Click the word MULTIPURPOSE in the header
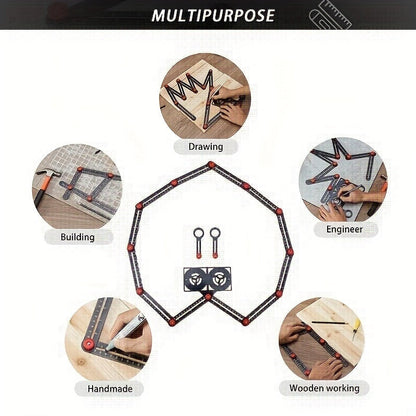(x=213, y=16)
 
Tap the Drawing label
(x=206, y=147)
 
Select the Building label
(x=77, y=237)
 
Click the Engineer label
(x=344, y=229)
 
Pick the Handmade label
(x=110, y=389)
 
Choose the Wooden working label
(x=324, y=388)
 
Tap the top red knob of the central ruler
(x=211, y=165)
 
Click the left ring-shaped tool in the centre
(x=199, y=243)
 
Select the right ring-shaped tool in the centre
(x=215, y=243)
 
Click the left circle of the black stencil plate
(x=197, y=278)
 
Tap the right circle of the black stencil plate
(x=219, y=278)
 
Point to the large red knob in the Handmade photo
(x=89, y=344)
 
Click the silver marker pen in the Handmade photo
(x=125, y=332)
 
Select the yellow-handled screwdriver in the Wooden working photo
(x=356, y=328)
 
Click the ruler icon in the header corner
(x=331, y=15)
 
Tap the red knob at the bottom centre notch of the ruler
(x=208, y=297)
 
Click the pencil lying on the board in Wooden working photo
(x=329, y=323)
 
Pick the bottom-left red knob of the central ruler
(x=172, y=322)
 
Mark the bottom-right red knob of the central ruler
(x=245, y=322)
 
